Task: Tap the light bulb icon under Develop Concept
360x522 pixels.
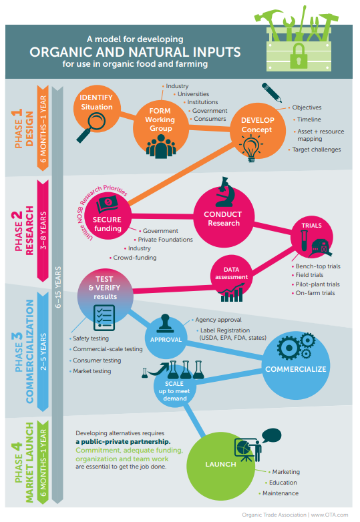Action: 251,148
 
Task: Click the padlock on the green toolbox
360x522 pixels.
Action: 299,55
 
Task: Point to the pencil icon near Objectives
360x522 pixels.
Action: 272,92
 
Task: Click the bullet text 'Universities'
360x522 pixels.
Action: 193,94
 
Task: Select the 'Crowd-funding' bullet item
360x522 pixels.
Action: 134,258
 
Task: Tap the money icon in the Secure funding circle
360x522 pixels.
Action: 108,204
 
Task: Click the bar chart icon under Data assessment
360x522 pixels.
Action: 232,292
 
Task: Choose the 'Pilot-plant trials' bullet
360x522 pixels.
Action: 317,284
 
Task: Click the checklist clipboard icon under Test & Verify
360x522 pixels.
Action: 104,318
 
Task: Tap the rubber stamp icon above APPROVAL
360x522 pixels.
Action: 165,324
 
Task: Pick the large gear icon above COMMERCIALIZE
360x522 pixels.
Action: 289,348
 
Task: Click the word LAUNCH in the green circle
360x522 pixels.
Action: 220,464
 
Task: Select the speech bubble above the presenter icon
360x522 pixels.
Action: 271,436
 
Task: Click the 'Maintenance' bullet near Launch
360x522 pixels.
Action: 281,493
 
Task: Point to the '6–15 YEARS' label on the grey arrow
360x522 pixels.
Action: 58,287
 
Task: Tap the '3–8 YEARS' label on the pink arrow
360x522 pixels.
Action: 43,230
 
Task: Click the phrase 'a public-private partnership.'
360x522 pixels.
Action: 123,442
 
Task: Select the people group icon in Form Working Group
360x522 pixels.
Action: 161,146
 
